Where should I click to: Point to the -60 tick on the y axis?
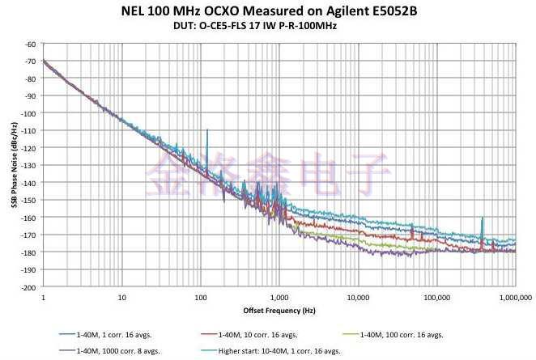[31, 44]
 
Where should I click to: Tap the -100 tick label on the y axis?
[29, 113]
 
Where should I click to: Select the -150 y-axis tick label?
[29, 200]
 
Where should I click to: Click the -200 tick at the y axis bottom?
[29, 287]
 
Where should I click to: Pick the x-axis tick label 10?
[121, 297]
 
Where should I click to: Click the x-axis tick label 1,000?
[279, 297]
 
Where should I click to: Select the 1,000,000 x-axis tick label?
[512, 297]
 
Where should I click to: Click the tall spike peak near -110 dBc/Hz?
[207, 129]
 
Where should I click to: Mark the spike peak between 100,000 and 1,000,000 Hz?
[482, 218]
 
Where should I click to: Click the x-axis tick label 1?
[43, 297]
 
